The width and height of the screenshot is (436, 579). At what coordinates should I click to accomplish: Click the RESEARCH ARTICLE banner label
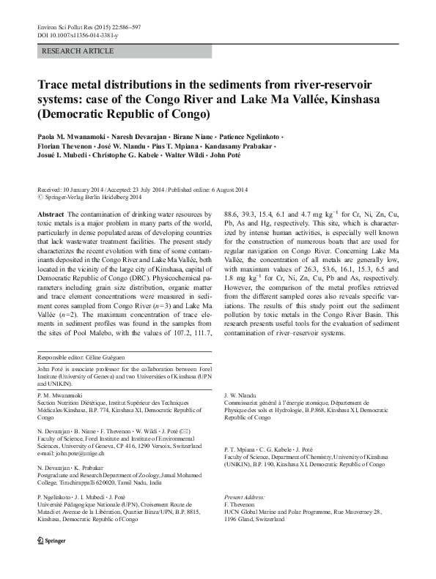click(x=79, y=51)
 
